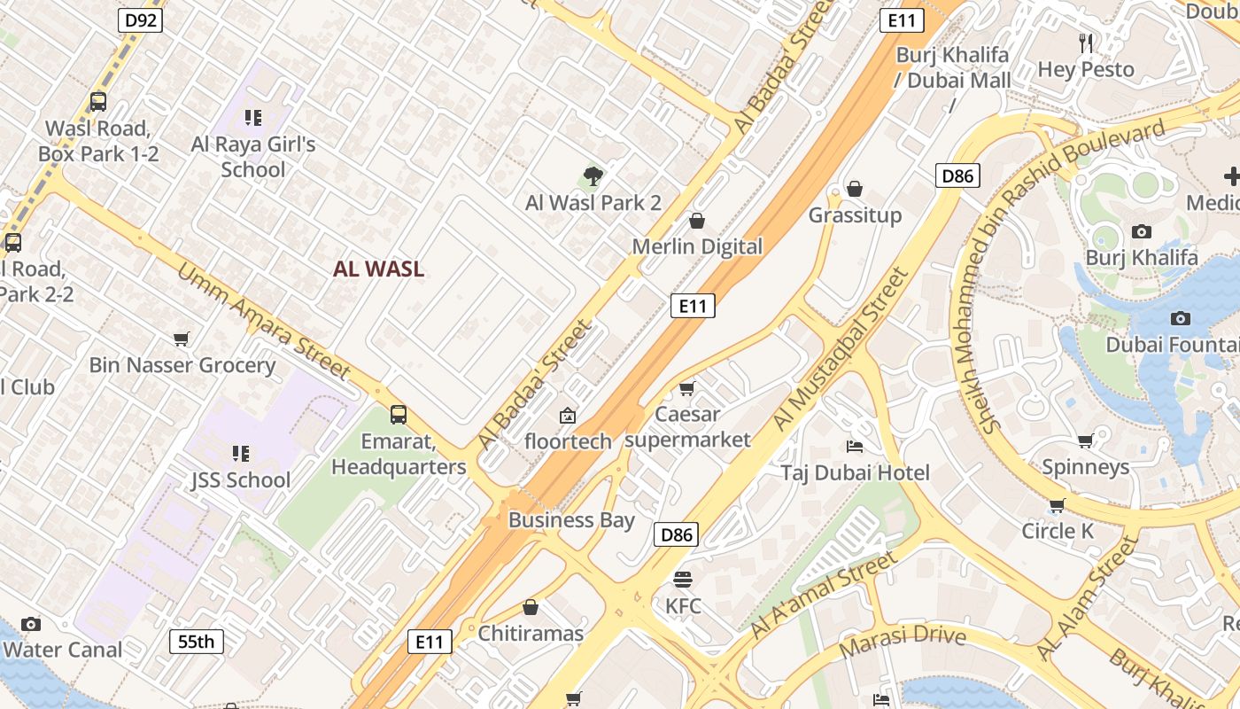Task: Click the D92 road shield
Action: coord(140,20)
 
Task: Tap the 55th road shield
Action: coord(196,641)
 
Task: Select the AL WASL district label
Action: coord(378,269)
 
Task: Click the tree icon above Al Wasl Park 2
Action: coord(593,176)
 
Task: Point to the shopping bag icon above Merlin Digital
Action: coord(697,221)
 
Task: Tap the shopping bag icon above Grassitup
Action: coord(855,189)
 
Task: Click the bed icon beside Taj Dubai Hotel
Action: coord(855,446)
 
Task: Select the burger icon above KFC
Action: coord(683,580)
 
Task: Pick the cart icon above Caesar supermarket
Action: coord(686,388)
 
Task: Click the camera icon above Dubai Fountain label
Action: coord(1180,318)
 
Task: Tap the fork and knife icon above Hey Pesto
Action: coord(1086,43)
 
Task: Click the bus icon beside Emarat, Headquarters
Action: coord(399,414)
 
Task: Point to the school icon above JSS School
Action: coord(240,454)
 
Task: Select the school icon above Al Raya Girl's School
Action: coord(253,117)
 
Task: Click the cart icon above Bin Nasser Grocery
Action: coord(182,339)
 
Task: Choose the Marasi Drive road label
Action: coord(902,641)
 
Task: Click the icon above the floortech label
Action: coord(568,415)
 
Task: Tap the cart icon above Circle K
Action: coord(1057,505)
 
